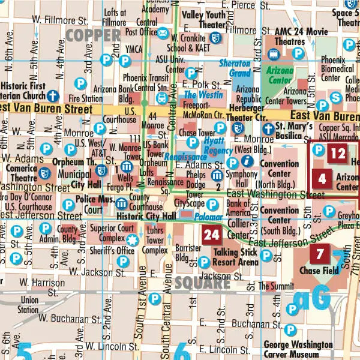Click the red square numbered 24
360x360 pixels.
(212, 235)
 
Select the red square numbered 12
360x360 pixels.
(338, 154)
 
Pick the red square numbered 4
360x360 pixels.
(322, 178)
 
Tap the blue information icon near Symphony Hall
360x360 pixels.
(247, 161)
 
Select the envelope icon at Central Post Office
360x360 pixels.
(162, 32)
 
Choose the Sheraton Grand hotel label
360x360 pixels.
(235, 68)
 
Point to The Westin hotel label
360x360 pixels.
(199, 95)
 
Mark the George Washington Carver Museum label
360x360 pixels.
(298, 350)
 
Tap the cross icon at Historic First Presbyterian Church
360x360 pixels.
(53, 95)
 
